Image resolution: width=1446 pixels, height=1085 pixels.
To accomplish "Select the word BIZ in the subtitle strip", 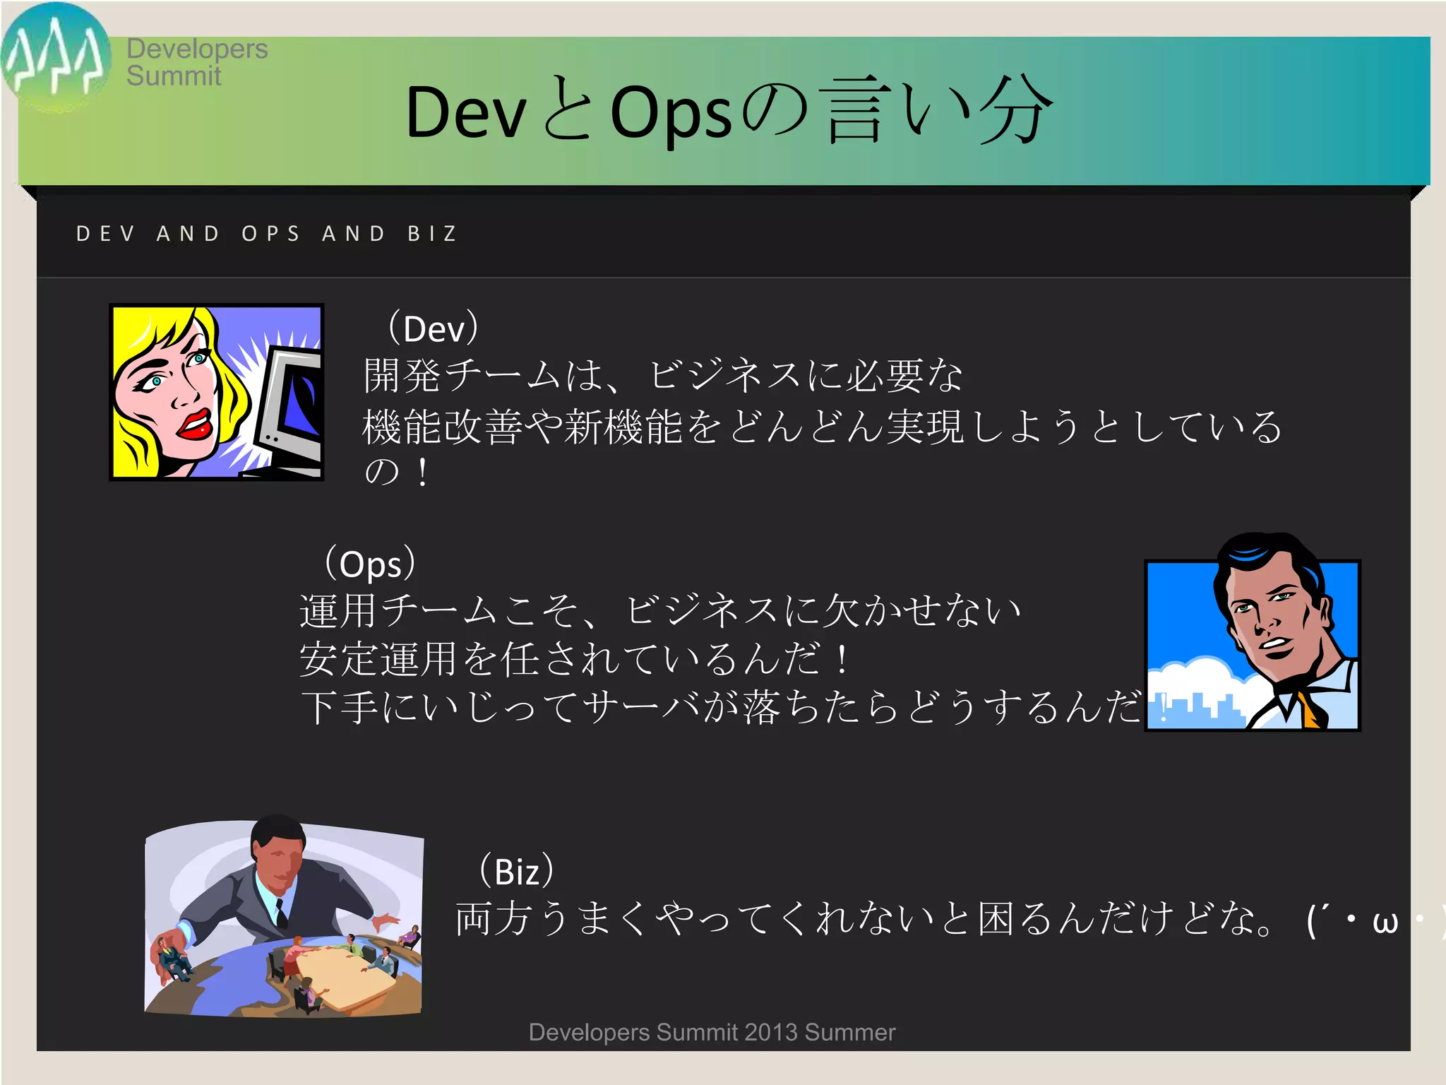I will [432, 234].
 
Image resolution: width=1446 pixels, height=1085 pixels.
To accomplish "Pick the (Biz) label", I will [517, 871].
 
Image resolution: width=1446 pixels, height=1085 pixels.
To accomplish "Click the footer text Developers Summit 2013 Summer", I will [712, 1033].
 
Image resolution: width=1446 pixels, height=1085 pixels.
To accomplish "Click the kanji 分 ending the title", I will [1014, 112].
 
